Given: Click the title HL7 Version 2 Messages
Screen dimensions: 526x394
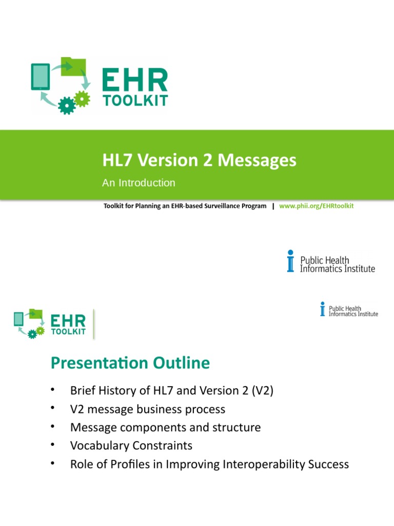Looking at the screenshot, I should (199, 161).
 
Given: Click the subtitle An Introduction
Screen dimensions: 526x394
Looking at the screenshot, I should (139, 183).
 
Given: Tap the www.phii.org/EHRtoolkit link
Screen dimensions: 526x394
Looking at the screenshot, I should (317, 206).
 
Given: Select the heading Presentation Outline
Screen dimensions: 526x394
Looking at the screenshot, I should (130, 363).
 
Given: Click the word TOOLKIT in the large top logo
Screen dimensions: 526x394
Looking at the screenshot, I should (135, 101).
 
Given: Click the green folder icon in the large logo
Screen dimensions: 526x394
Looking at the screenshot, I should (73, 67).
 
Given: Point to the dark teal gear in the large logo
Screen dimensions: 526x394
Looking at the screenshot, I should (66, 105).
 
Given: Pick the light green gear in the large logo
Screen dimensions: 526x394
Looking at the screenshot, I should (82, 97).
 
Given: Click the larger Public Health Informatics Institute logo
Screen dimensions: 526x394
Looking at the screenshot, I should (331, 261).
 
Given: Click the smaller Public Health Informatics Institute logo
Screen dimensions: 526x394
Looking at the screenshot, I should (349, 309).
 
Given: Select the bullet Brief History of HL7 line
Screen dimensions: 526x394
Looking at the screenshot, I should (172, 390).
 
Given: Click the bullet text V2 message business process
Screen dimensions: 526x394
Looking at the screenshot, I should (148, 409).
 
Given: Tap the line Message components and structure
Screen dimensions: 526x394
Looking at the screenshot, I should (165, 427).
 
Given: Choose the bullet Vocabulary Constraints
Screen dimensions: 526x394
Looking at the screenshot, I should (131, 445).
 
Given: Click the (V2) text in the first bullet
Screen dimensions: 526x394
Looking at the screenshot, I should (262, 390).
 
